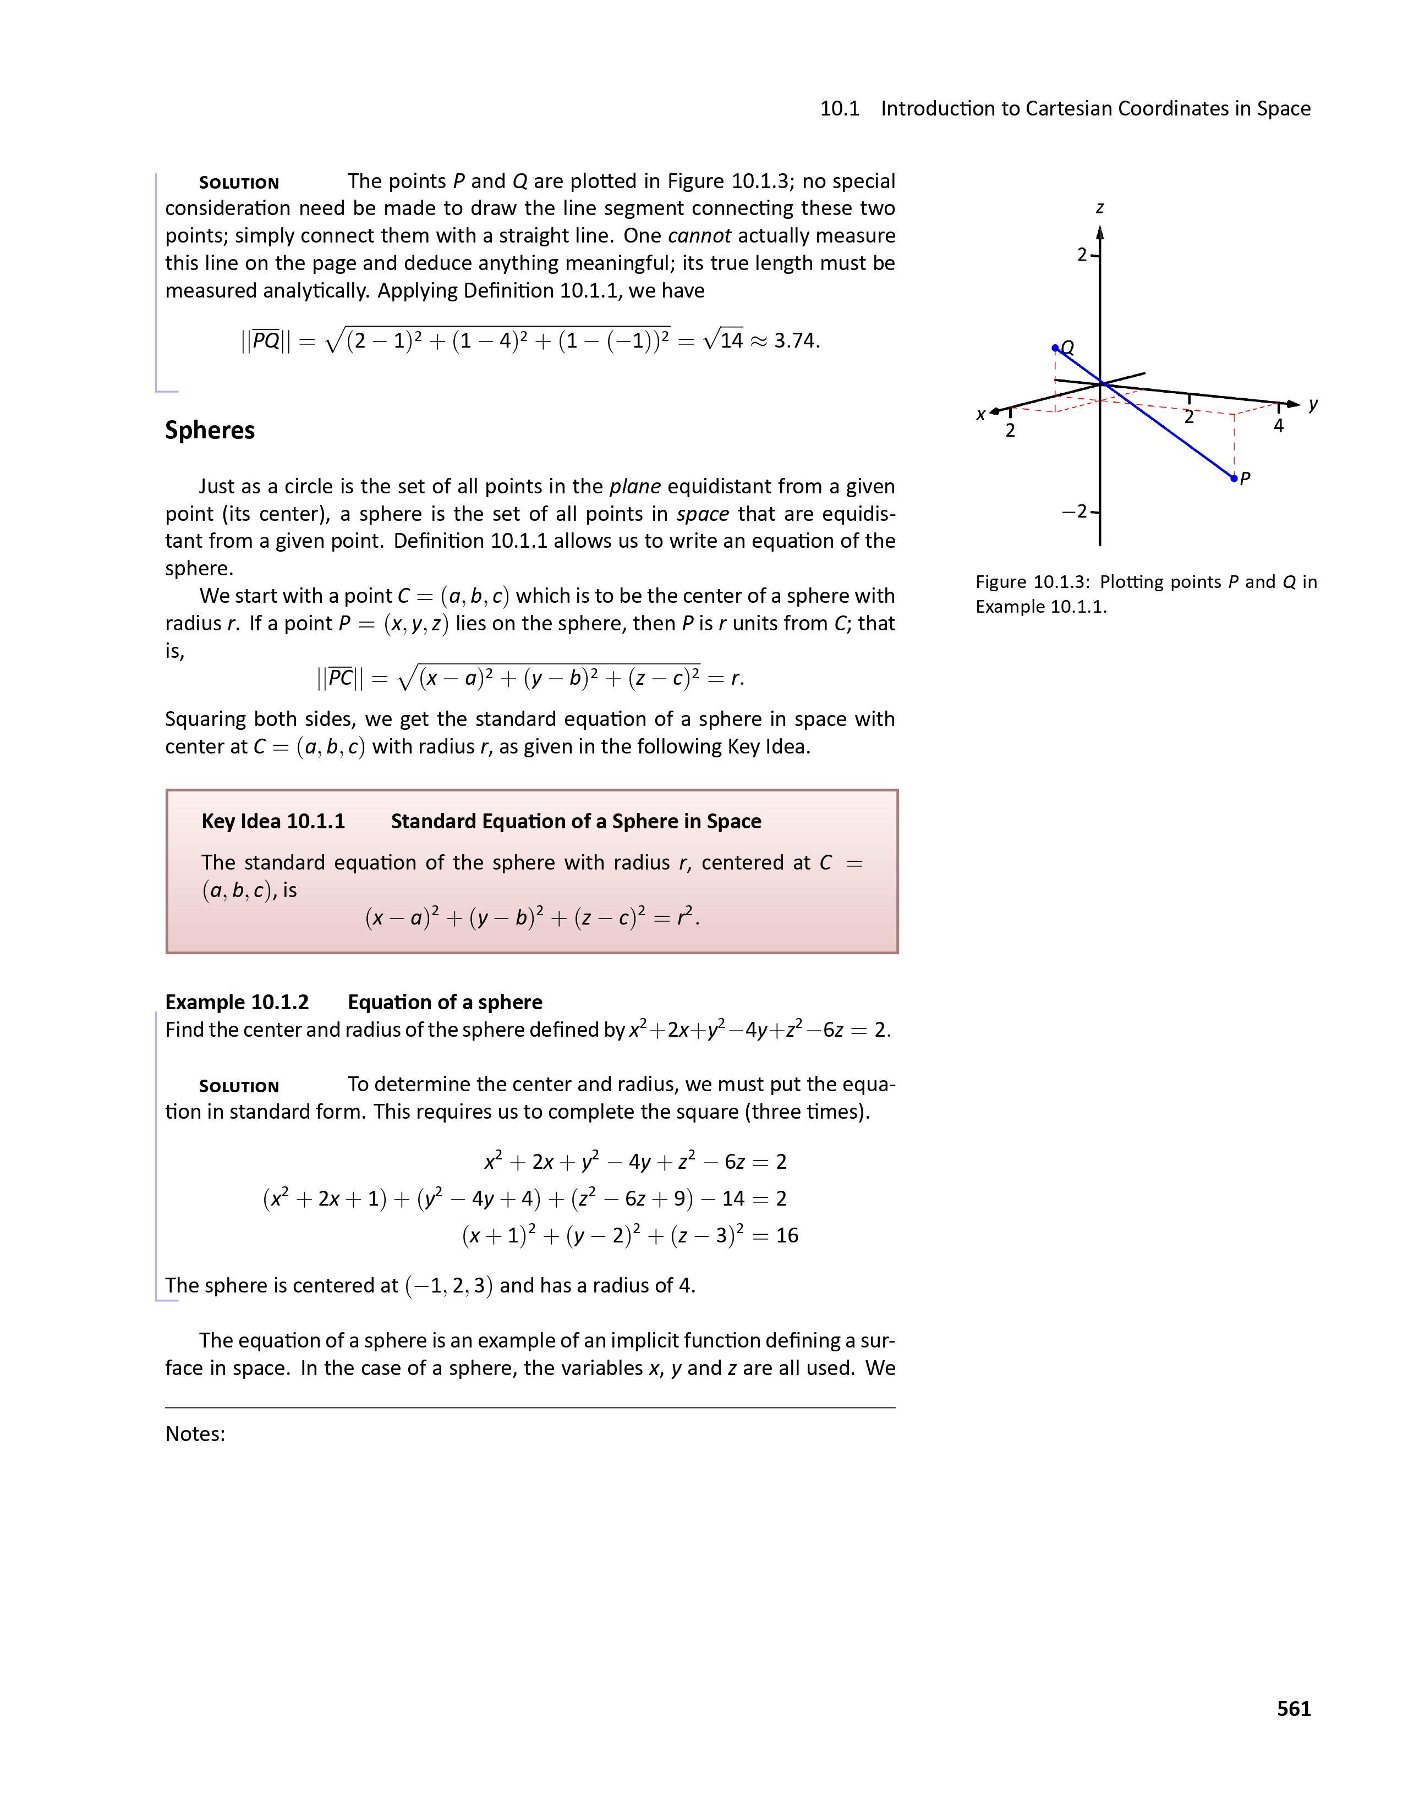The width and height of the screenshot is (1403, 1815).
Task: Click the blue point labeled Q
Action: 1055,348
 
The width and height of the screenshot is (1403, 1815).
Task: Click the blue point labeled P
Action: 1234,479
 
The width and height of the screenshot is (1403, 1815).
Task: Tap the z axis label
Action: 1100,208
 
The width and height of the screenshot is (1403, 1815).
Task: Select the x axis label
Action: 981,414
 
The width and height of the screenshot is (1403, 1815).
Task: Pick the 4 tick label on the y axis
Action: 1278,426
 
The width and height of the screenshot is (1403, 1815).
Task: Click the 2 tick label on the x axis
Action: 1010,431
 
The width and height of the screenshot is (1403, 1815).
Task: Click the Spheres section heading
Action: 210,431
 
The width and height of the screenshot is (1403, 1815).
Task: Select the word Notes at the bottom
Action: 194,1433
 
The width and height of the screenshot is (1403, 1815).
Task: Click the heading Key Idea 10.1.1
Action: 272,821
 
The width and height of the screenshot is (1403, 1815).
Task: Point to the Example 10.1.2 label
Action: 237,1002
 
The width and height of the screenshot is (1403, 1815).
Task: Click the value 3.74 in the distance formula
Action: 796,341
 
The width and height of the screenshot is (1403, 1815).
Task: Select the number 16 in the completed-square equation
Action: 786,1236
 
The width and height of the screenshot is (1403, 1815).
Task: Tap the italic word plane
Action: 635,486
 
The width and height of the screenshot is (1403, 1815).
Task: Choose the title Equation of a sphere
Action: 445,1002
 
